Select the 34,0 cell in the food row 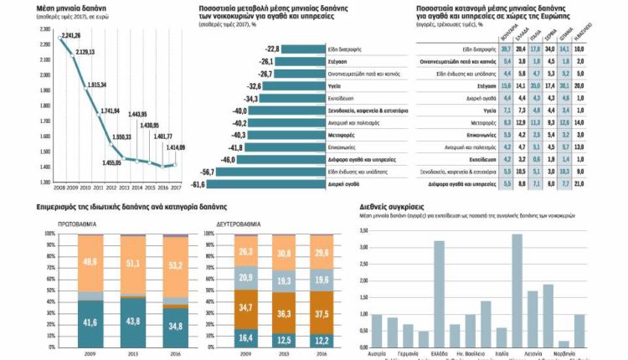[550, 49]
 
